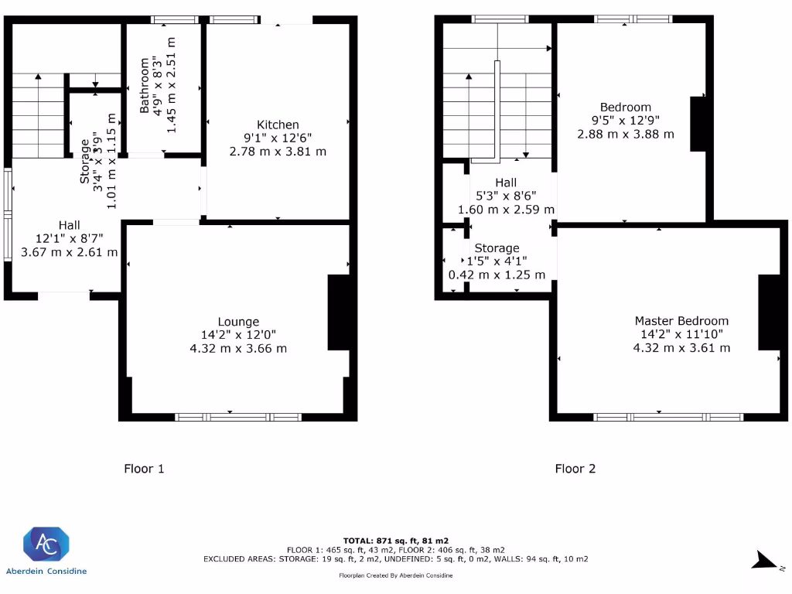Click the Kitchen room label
click(278, 125)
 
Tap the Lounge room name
click(238, 322)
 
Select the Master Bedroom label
click(681, 321)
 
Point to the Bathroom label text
click(145, 85)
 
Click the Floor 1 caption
click(144, 469)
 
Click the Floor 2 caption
click(575, 469)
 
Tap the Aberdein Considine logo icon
click(46, 544)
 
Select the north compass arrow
click(765, 560)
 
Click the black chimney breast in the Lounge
click(339, 312)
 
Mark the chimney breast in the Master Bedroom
click(770, 312)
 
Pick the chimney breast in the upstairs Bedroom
click(698, 124)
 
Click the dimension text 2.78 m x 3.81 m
click(278, 152)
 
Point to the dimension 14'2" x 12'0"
click(238, 334)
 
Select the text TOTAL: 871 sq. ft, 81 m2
click(395, 541)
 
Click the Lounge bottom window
click(238, 417)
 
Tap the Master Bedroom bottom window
click(668, 417)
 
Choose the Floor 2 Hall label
click(506, 183)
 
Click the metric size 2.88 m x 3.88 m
click(625, 135)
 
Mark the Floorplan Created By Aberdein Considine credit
click(395, 575)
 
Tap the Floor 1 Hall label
click(69, 225)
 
